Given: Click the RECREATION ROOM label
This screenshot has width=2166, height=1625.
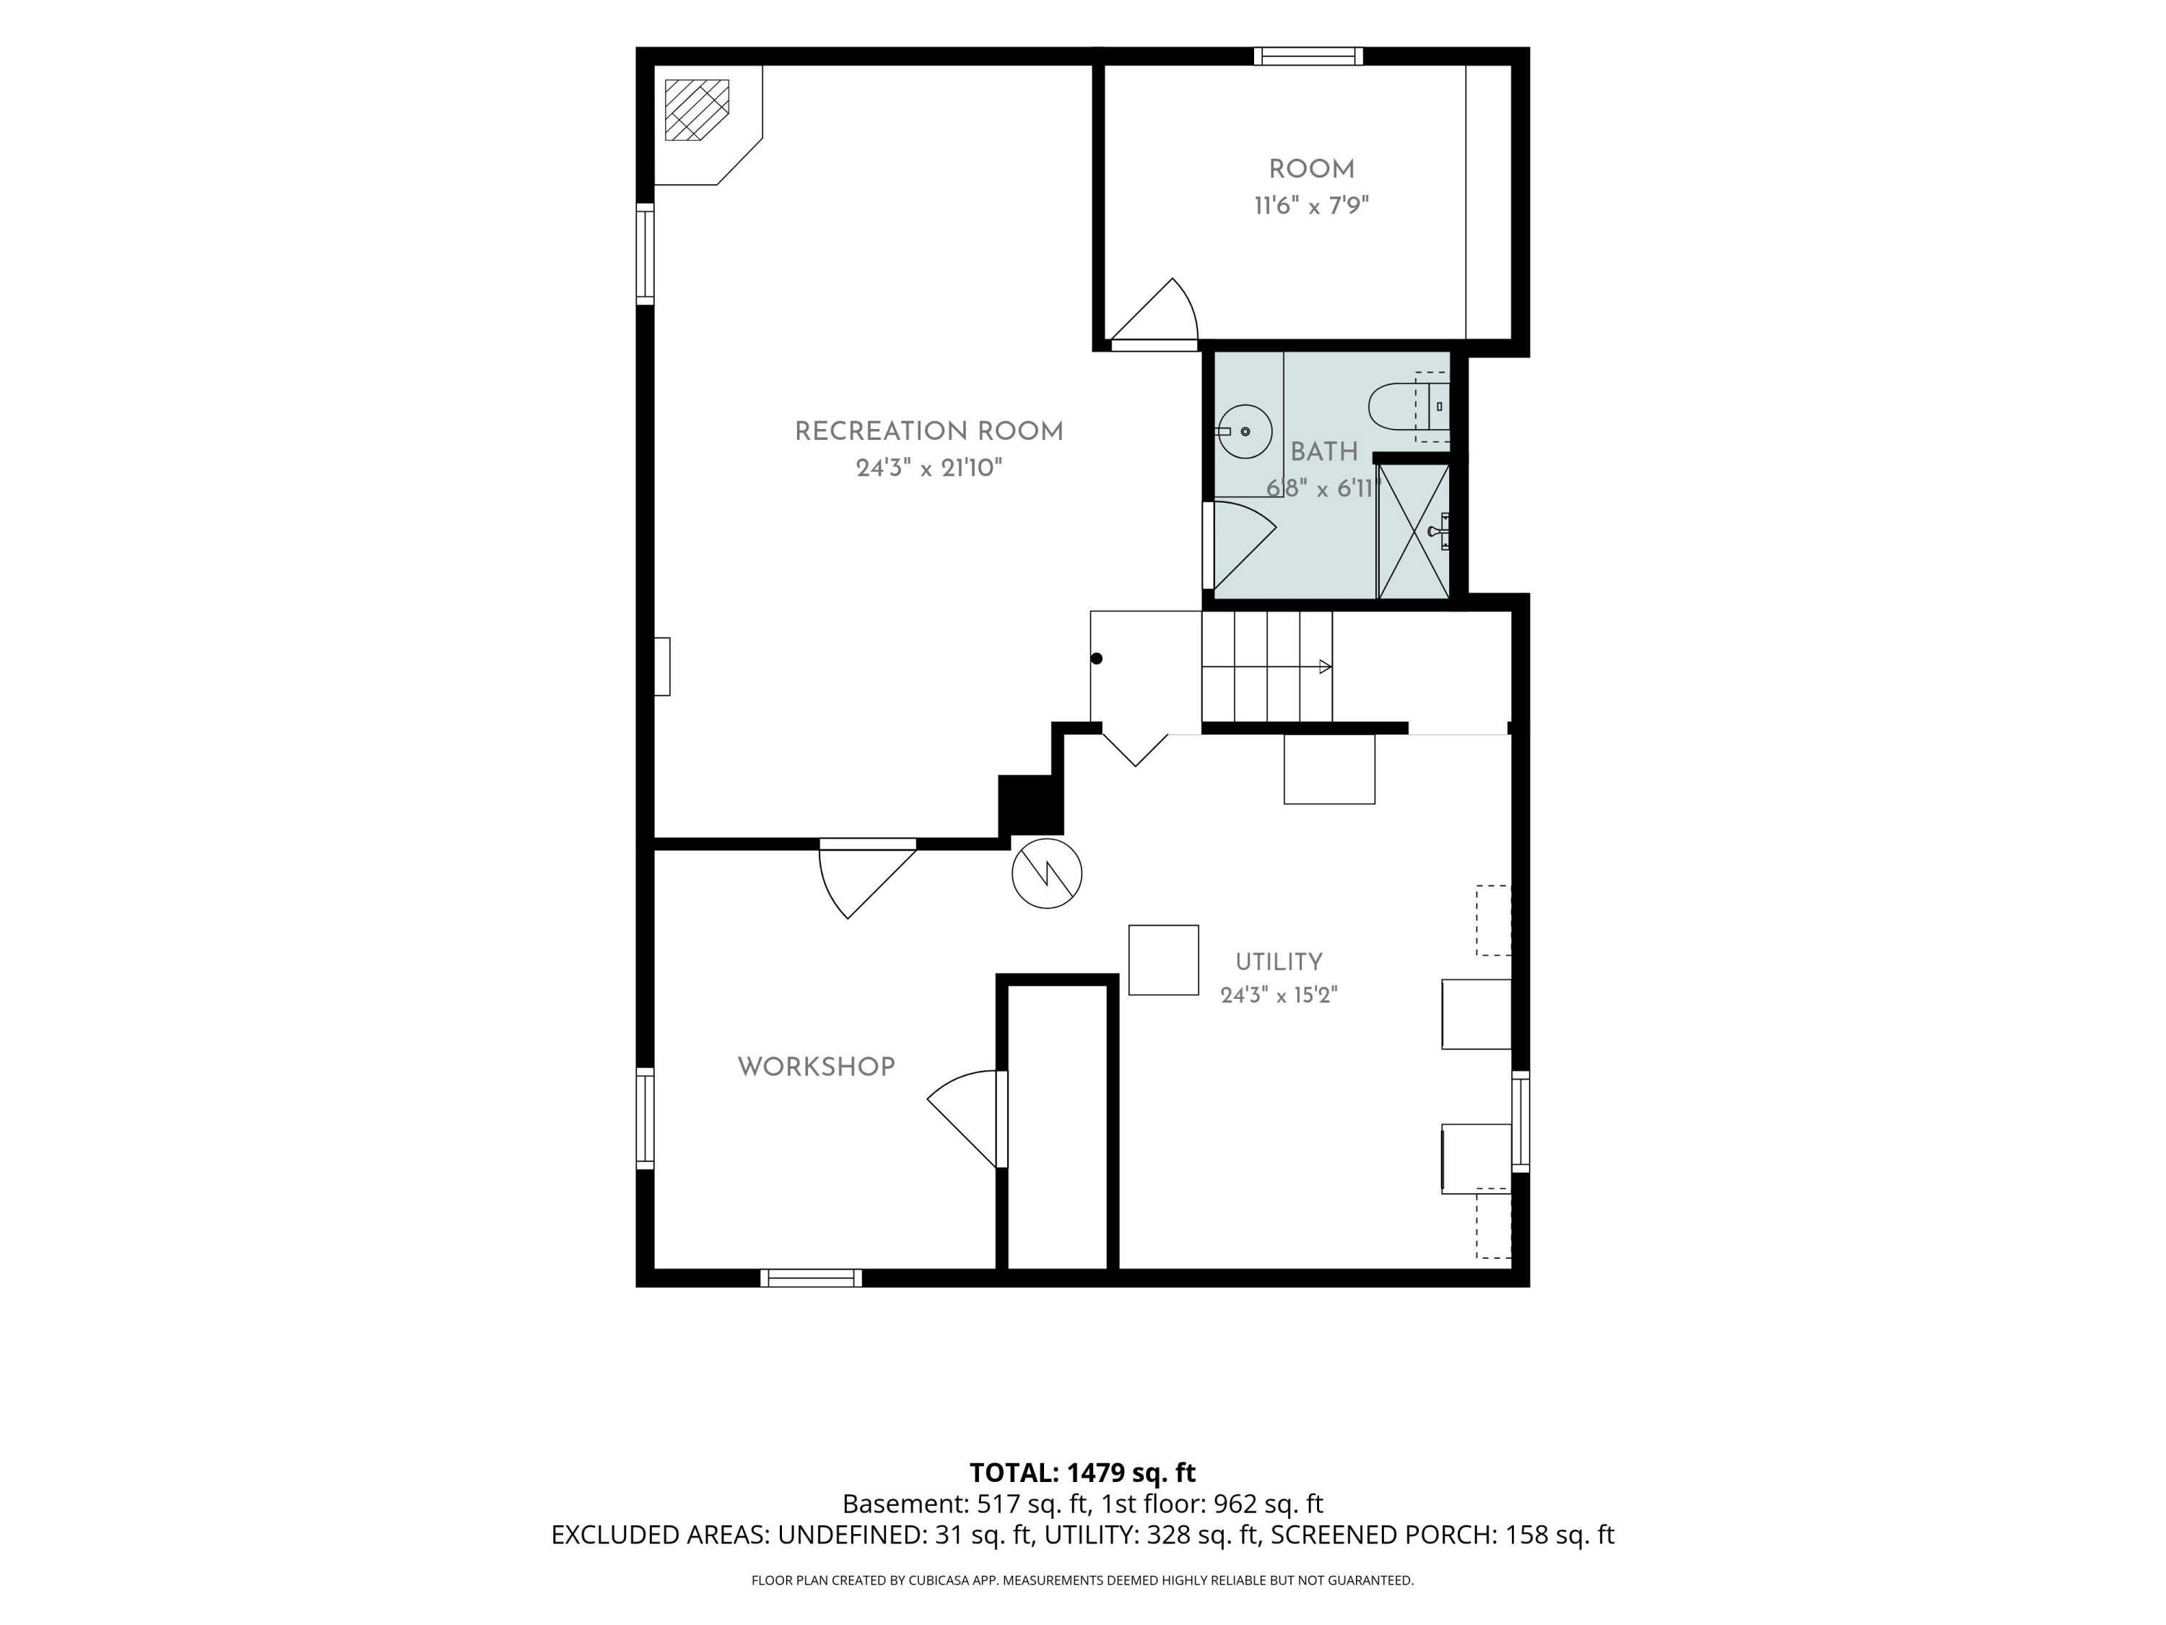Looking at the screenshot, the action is [928, 432].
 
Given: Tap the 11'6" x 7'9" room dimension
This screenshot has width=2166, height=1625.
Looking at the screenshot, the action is [1311, 206].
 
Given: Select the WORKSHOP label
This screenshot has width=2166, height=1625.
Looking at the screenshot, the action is [816, 1067].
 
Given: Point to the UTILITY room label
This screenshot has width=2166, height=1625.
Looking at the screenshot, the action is [1278, 962].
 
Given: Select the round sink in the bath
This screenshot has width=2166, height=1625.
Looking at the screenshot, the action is [1245, 431].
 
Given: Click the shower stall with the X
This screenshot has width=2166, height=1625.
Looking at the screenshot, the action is [1413, 531].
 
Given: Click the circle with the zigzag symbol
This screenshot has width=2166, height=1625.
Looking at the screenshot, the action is [1047, 872].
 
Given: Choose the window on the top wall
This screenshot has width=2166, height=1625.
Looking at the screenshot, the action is [1308, 56].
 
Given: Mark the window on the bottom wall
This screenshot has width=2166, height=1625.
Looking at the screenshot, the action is [811, 1278].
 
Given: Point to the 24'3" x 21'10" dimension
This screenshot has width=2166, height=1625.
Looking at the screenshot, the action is [929, 468].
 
